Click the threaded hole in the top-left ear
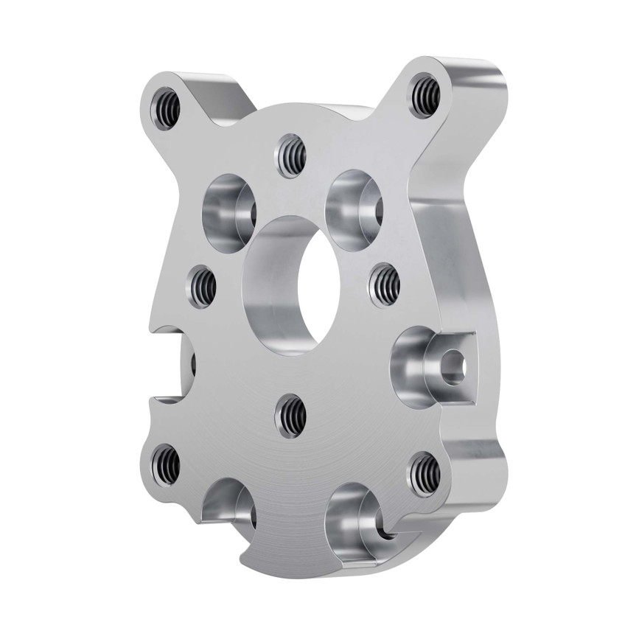click(x=165, y=105)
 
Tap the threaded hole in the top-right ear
click(x=425, y=94)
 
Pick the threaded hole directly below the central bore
click(x=290, y=415)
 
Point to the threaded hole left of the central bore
click(x=201, y=287)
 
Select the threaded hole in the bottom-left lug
click(x=165, y=465)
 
